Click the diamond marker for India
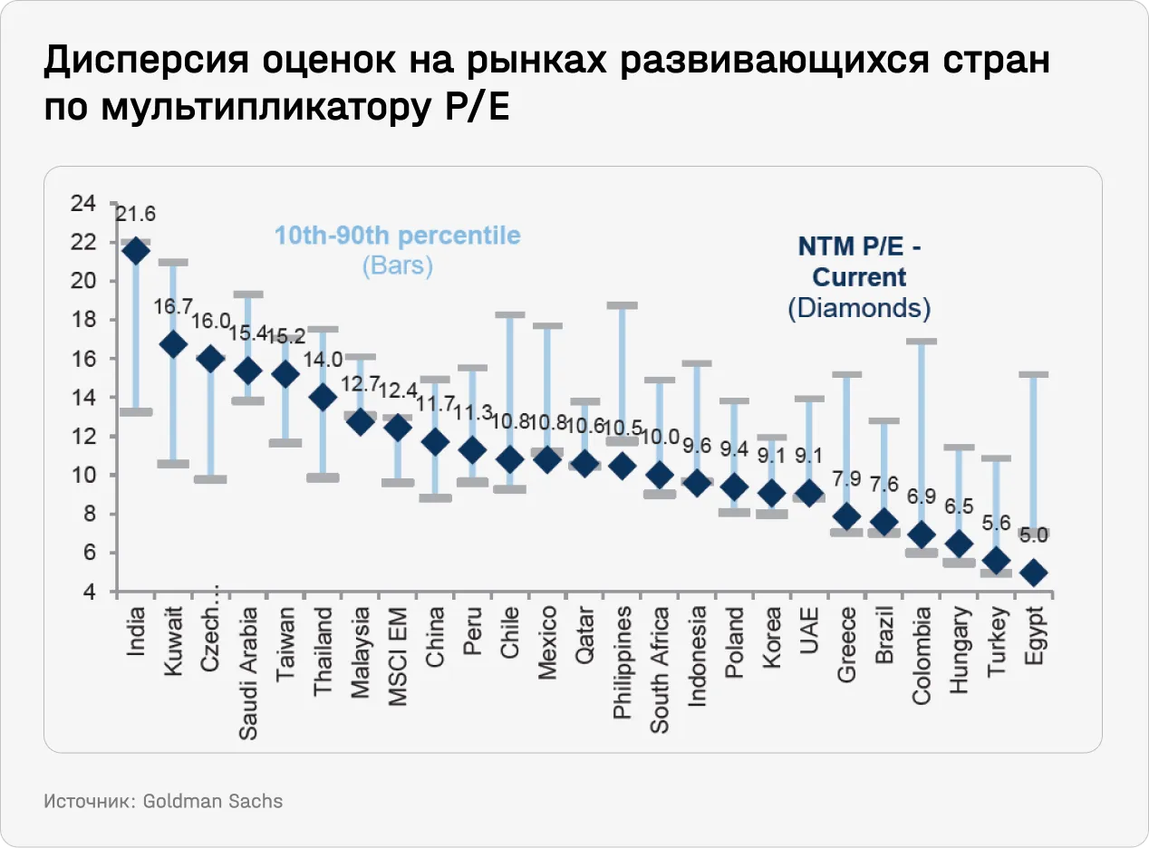click(136, 251)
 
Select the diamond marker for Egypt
click(1035, 573)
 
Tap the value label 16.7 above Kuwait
click(172, 306)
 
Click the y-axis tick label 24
click(82, 204)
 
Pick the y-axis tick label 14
click(82, 398)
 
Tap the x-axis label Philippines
click(623, 650)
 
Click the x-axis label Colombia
click(922, 655)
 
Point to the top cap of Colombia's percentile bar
click(922, 342)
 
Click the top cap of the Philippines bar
click(623, 305)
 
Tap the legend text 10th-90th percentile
click(398, 236)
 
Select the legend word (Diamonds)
click(859, 308)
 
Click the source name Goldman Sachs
click(213, 802)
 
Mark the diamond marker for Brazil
click(884, 522)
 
